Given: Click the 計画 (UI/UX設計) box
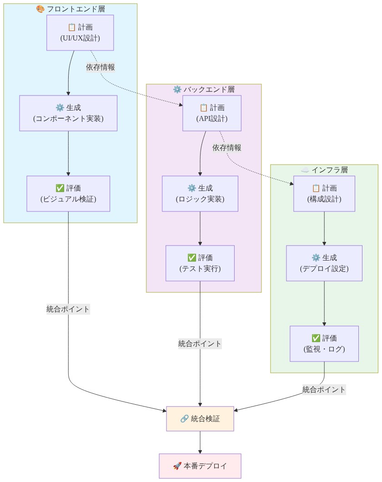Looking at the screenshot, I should (x=80, y=32).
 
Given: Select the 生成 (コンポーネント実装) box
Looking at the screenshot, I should (x=68, y=113).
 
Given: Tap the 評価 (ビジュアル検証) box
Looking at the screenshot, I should (x=68, y=193).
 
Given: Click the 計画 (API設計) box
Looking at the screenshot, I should (x=212, y=113).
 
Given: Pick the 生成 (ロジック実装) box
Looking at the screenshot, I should (x=200, y=193).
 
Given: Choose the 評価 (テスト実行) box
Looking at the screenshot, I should (x=200, y=263).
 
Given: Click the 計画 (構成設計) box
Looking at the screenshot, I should (x=324, y=193).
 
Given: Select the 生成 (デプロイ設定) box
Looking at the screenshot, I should (x=324, y=263).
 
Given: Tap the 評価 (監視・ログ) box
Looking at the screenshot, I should (x=324, y=343).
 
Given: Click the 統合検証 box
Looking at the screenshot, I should (x=200, y=418).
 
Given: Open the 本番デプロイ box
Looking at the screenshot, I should (x=200, y=466).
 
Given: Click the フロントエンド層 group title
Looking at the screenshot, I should (x=70, y=9).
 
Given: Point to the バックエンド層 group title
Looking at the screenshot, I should (x=204, y=89).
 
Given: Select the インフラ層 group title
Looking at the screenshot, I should (x=324, y=170).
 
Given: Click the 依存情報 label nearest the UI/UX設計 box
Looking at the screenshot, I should (x=101, y=67).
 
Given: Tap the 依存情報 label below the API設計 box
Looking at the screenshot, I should (x=226, y=147).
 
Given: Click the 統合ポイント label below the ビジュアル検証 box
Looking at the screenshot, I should (x=68, y=309).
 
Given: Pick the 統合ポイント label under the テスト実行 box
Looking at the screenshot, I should (x=200, y=344).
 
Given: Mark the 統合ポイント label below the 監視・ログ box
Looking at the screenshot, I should (x=324, y=390).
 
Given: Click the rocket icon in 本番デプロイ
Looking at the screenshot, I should (x=177, y=466).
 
